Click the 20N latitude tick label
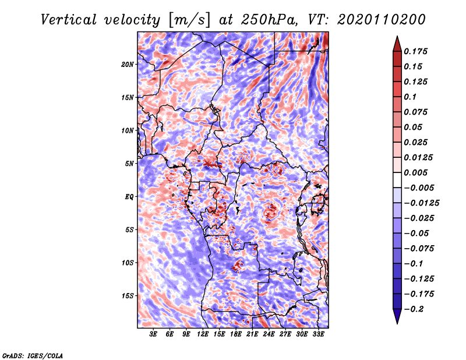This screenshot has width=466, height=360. [x=128, y=65]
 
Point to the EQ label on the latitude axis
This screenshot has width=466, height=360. [x=129, y=197]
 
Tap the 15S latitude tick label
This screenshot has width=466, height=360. [x=128, y=296]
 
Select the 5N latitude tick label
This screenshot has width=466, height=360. [x=129, y=164]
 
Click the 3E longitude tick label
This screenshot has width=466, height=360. [x=153, y=334]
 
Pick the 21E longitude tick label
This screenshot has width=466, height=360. [x=252, y=334]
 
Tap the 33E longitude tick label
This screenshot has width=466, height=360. [x=318, y=334]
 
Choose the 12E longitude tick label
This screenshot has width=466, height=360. [x=202, y=334]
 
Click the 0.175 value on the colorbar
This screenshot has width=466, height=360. [x=415, y=51]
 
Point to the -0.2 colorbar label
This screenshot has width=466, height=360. [x=414, y=309]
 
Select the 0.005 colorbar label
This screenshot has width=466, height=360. [x=415, y=172]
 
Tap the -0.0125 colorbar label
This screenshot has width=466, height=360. [x=421, y=203]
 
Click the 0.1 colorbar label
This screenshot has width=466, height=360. [x=410, y=97]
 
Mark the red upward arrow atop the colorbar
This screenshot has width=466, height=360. [x=397, y=44]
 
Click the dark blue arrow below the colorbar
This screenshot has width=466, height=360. [x=397, y=316]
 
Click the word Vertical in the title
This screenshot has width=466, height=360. [x=69, y=20]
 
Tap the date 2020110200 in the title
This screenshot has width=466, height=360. [x=382, y=20]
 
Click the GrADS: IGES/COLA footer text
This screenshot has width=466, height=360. [x=33, y=355]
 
